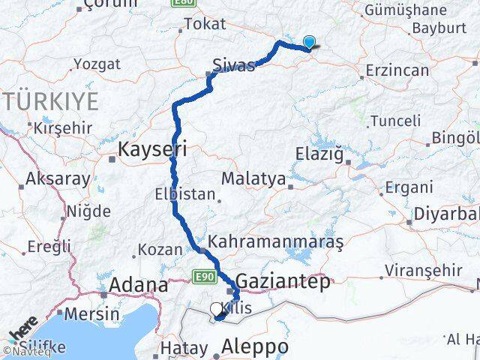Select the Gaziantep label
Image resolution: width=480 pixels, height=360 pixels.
282,282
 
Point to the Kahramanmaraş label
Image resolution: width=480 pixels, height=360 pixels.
277,243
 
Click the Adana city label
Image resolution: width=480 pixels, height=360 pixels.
139,285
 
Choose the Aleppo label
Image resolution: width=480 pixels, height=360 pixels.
256,347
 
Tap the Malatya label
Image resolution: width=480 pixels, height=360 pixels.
253,179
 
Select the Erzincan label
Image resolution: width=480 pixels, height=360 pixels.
394,70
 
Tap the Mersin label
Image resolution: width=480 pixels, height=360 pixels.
92,313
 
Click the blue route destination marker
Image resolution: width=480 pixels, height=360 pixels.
308,43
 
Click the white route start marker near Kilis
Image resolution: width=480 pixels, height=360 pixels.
216,308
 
